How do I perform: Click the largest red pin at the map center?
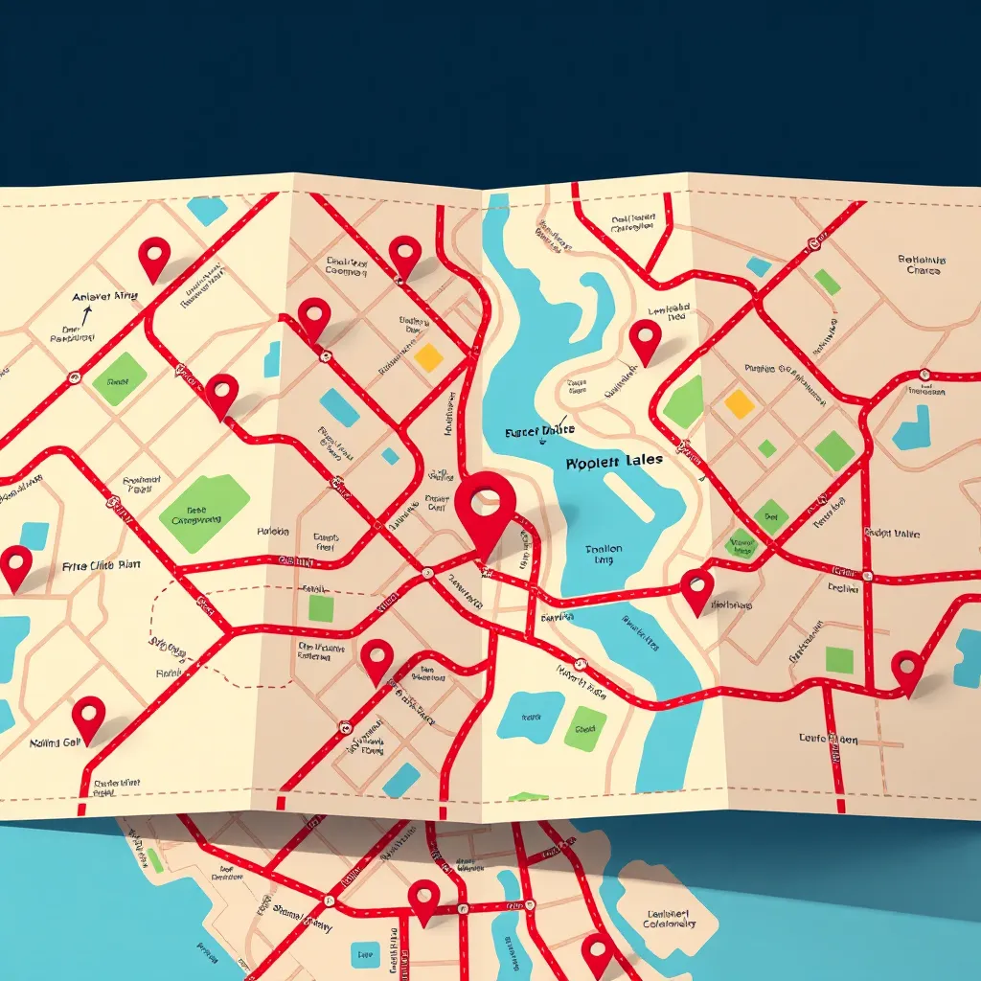pos(486,502)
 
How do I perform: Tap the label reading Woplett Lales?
pos(614,461)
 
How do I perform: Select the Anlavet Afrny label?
pos(104,297)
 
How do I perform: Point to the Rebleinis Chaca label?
pos(922,264)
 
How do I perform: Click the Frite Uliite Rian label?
pos(101,565)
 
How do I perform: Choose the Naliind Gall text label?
pos(57,742)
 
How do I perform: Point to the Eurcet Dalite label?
pos(540,432)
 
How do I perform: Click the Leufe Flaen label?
pos(829,740)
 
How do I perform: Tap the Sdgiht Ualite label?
pos(892,533)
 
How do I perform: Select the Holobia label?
pos(273,531)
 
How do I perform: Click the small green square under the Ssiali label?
pos(321,608)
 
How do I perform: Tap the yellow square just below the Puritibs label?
pos(739,403)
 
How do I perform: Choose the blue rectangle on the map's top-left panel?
pos(207,211)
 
